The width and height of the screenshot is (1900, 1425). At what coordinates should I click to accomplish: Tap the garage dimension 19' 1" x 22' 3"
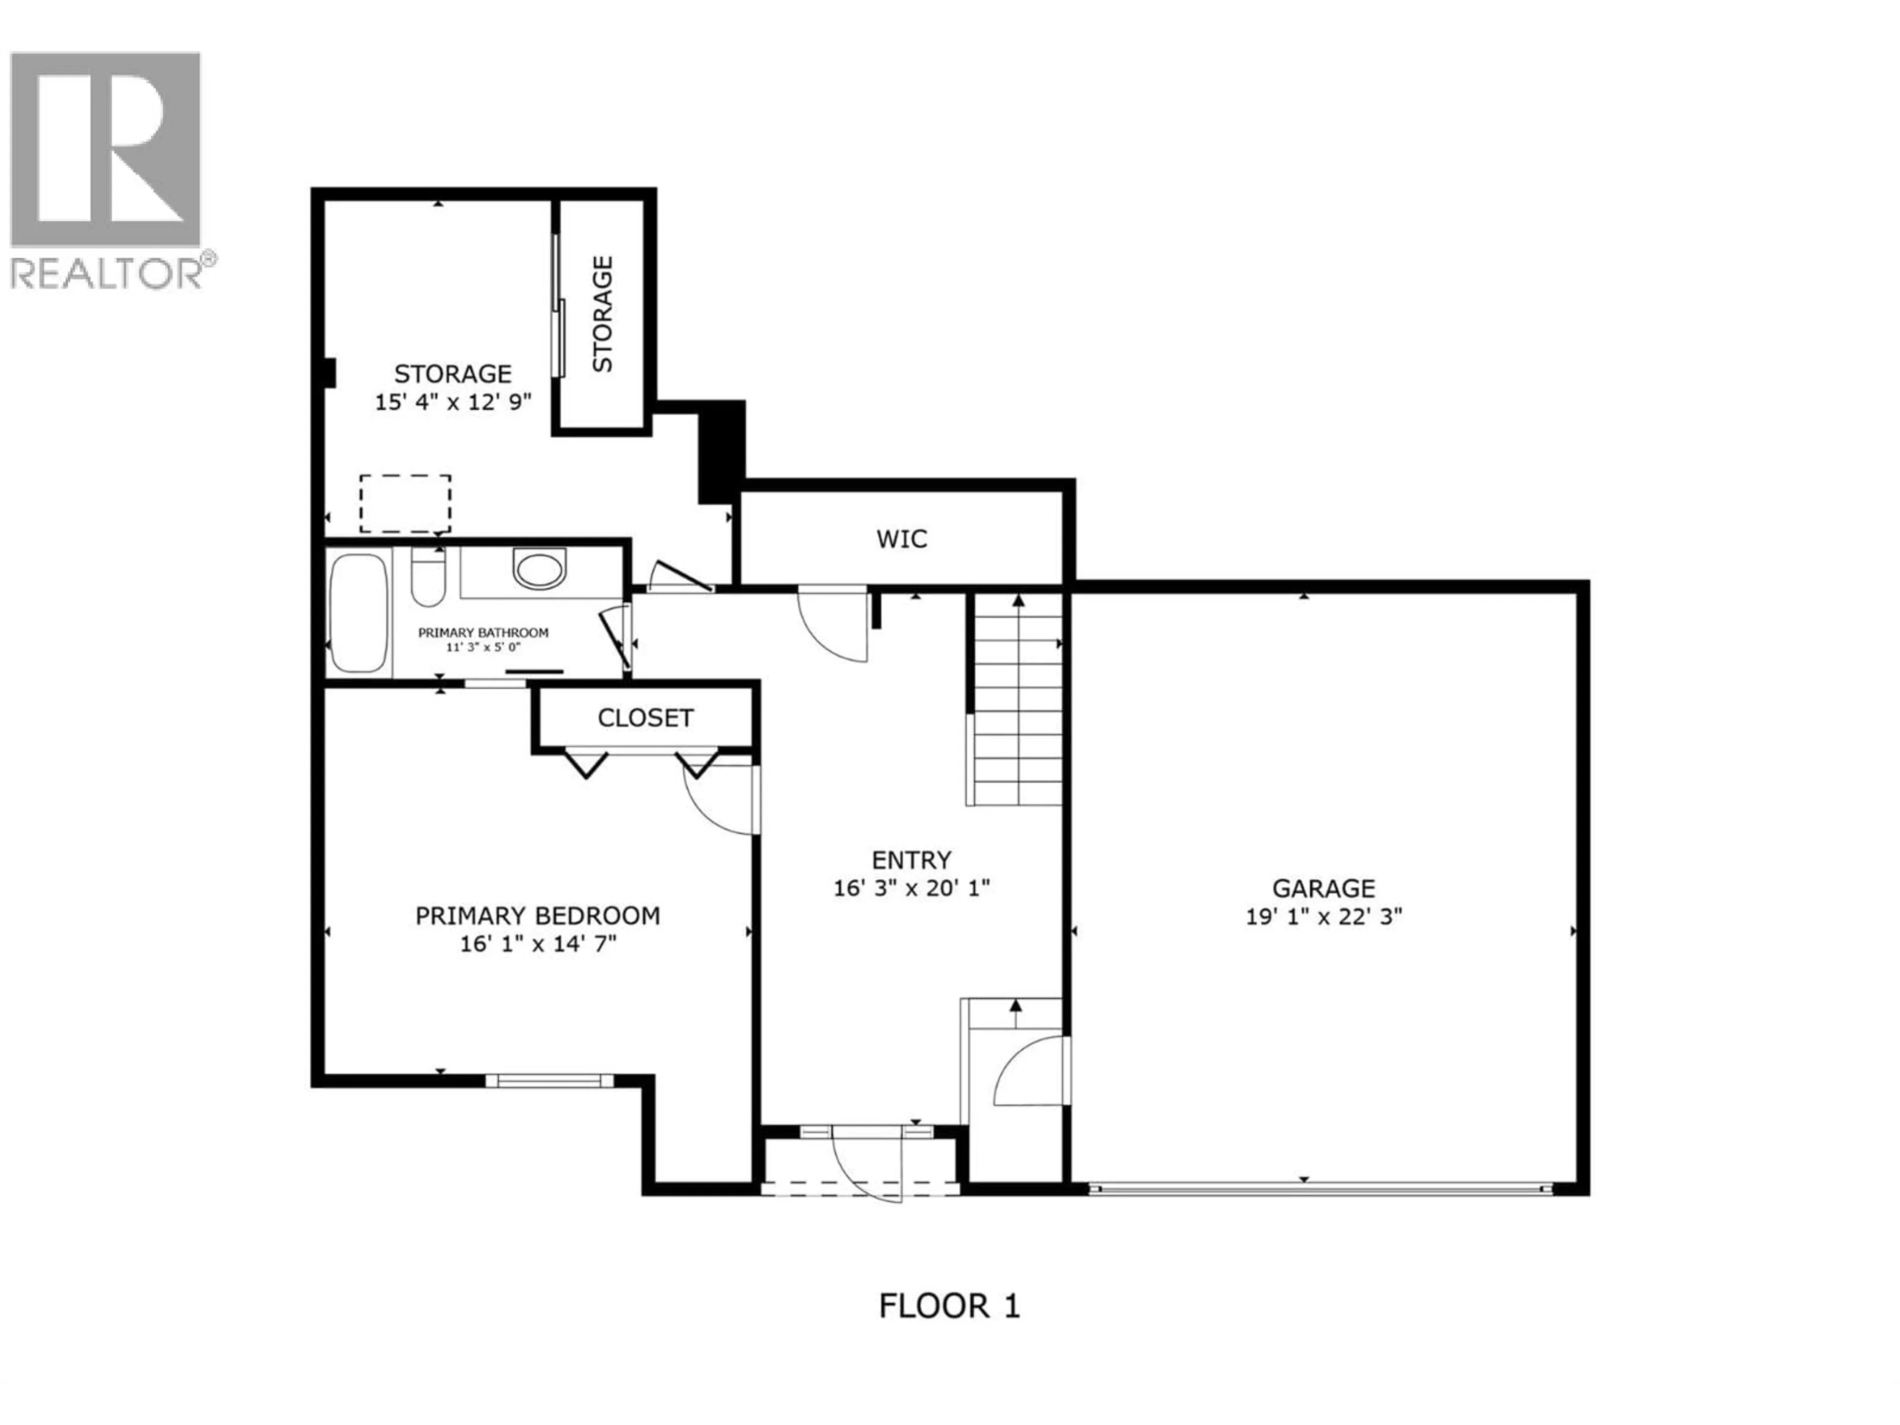click(x=1324, y=916)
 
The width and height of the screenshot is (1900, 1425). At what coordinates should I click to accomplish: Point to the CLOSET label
click(x=645, y=717)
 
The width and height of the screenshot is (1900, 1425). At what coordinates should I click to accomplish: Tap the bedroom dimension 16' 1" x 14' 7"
click(x=538, y=944)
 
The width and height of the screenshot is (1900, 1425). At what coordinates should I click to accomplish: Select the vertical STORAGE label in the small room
click(x=603, y=314)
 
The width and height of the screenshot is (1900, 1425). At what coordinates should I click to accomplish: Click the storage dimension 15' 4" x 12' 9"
click(x=453, y=402)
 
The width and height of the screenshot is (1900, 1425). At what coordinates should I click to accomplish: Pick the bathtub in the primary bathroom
click(x=358, y=613)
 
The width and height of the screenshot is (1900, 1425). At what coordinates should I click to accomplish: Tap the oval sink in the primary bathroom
click(x=539, y=568)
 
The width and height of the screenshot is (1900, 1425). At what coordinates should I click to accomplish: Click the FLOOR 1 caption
click(x=949, y=1306)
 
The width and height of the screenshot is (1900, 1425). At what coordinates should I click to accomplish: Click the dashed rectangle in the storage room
click(x=405, y=503)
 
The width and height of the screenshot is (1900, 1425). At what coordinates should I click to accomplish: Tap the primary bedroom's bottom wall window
click(x=550, y=1081)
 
